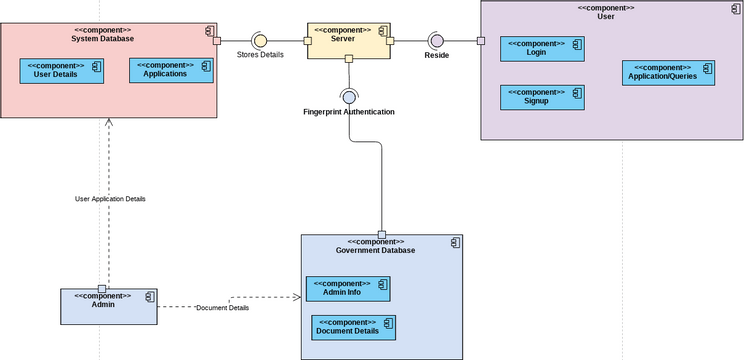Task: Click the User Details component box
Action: pos(61,71)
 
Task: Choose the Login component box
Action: pos(542,49)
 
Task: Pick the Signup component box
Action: pos(542,97)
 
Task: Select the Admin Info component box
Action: pos(347,288)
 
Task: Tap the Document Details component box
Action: pos(354,327)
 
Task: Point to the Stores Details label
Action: pos(260,55)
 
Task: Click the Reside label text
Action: pos(436,55)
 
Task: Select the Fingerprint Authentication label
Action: pos(349,112)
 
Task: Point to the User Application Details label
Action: pos(110,199)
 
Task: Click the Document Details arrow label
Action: pos(222,308)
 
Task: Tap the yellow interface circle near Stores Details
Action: pos(260,40)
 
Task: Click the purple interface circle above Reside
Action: pos(436,40)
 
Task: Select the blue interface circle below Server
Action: pos(349,97)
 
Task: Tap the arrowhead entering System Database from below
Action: pos(109,123)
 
